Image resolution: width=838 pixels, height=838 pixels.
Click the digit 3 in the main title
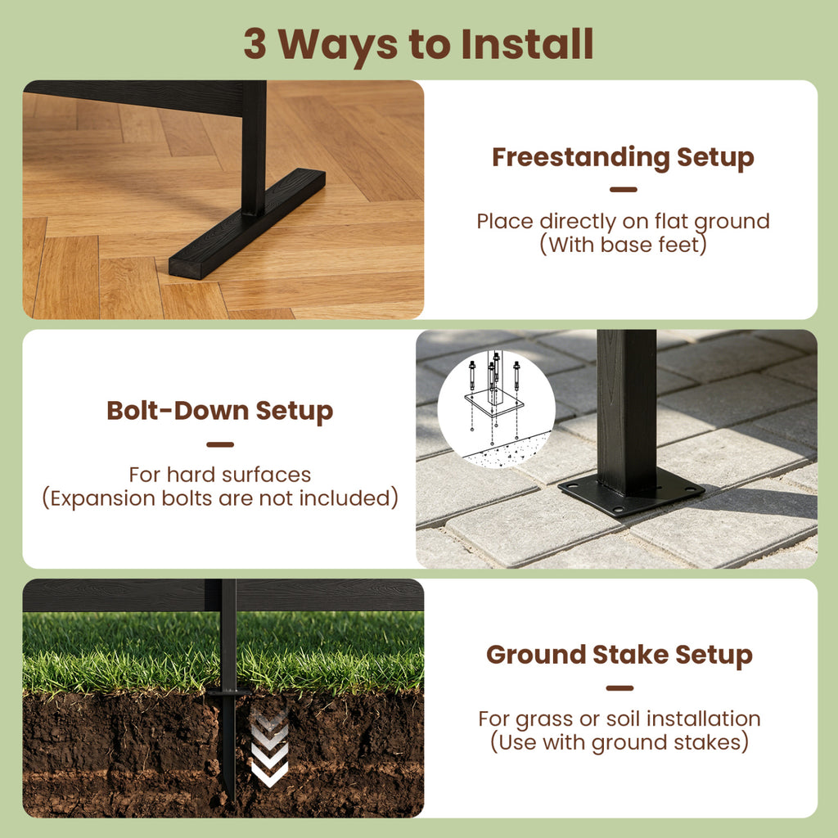tap(255, 43)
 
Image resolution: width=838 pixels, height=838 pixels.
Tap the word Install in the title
tap(528, 43)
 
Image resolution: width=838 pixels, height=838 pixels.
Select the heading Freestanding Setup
tap(623, 158)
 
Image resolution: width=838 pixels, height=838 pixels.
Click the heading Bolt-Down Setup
tap(219, 412)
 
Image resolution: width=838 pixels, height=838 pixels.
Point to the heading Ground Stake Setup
tap(619, 656)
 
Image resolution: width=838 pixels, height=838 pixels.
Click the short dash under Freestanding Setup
tap(623, 189)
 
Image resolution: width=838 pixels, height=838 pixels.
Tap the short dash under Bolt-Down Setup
tap(220, 444)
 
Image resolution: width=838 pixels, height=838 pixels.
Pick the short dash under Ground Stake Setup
tap(619, 687)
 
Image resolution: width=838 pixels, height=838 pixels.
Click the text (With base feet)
tap(623, 245)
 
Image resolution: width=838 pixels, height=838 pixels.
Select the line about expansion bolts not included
tap(220, 498)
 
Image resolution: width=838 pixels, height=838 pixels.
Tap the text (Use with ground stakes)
tap(619, 742)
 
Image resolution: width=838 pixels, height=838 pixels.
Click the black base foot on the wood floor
tap(247, 224)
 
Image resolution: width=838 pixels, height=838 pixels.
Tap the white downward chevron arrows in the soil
tap(269, 749)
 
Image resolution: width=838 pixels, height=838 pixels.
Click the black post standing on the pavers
tap(626, 412)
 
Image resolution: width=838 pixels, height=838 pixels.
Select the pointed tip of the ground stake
tap(231, 799)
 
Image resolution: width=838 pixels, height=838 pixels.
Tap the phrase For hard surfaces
tap(219, 475)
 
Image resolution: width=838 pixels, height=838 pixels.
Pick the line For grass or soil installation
tap(619, 719)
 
